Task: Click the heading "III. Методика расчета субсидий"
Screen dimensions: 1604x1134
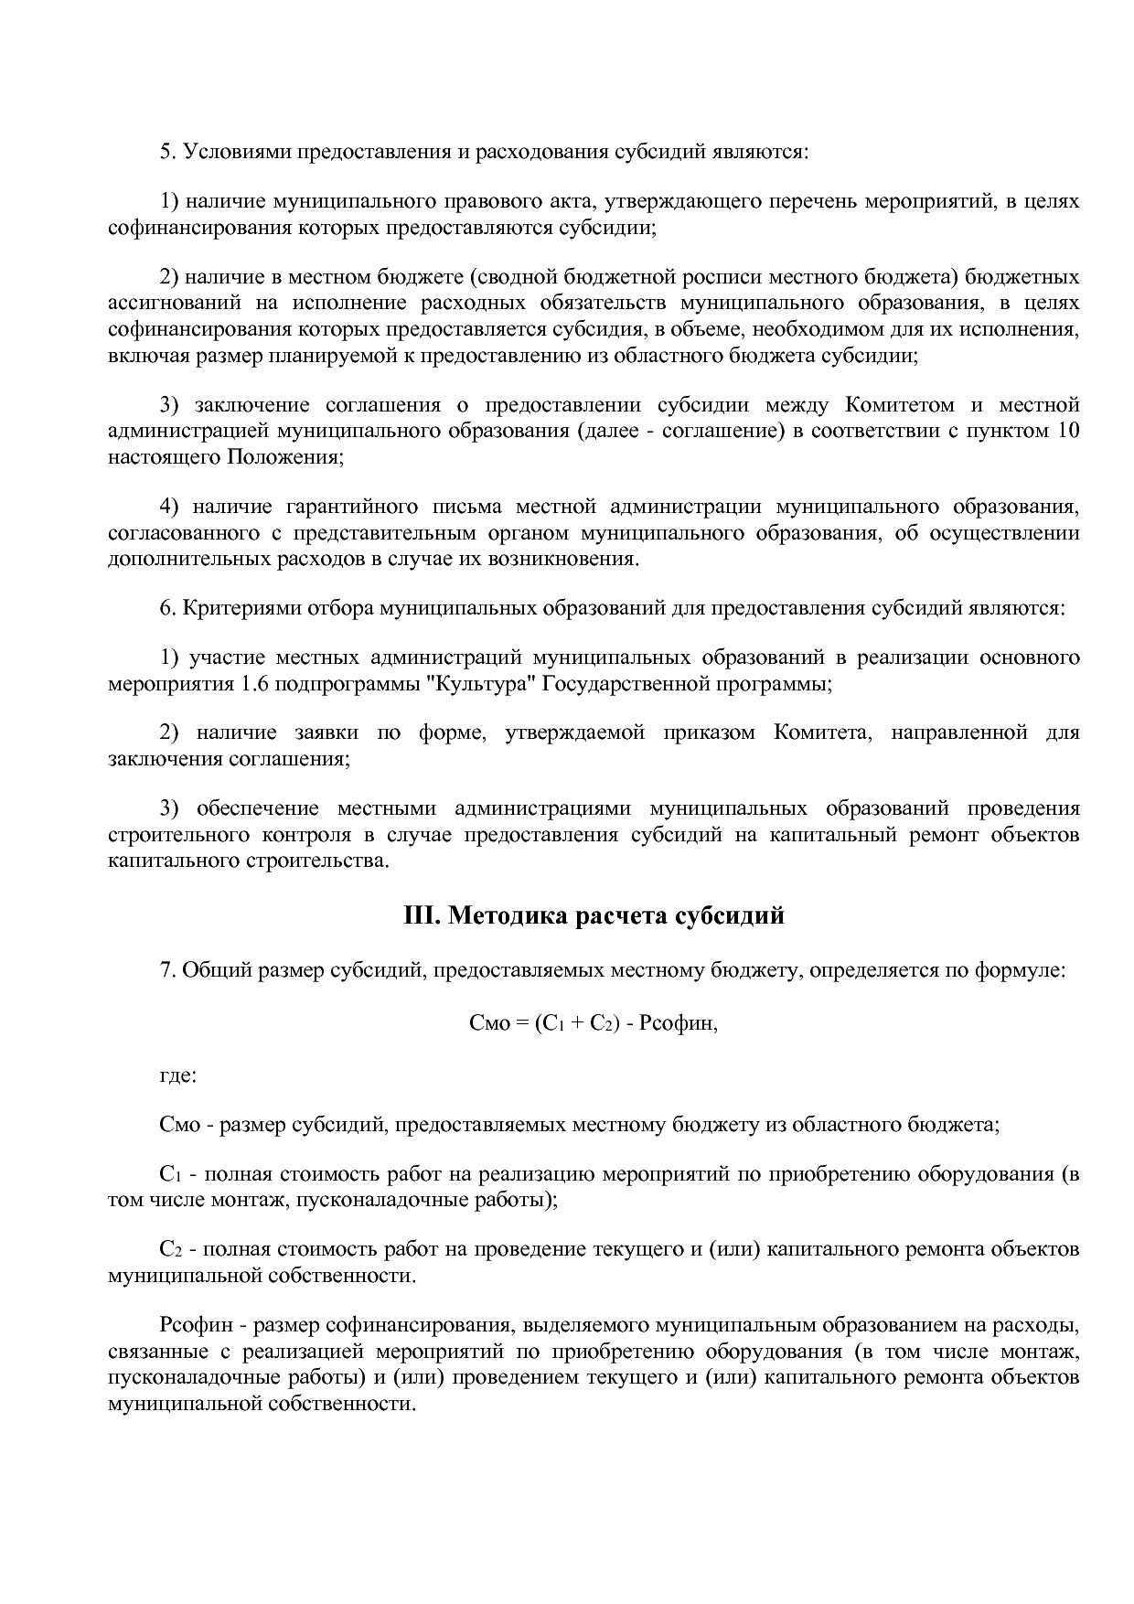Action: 594,915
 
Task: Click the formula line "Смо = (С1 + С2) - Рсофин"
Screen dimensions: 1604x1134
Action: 594,1024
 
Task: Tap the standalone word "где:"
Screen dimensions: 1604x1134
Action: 177,1075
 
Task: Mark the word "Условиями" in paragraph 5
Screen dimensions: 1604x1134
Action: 236,152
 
